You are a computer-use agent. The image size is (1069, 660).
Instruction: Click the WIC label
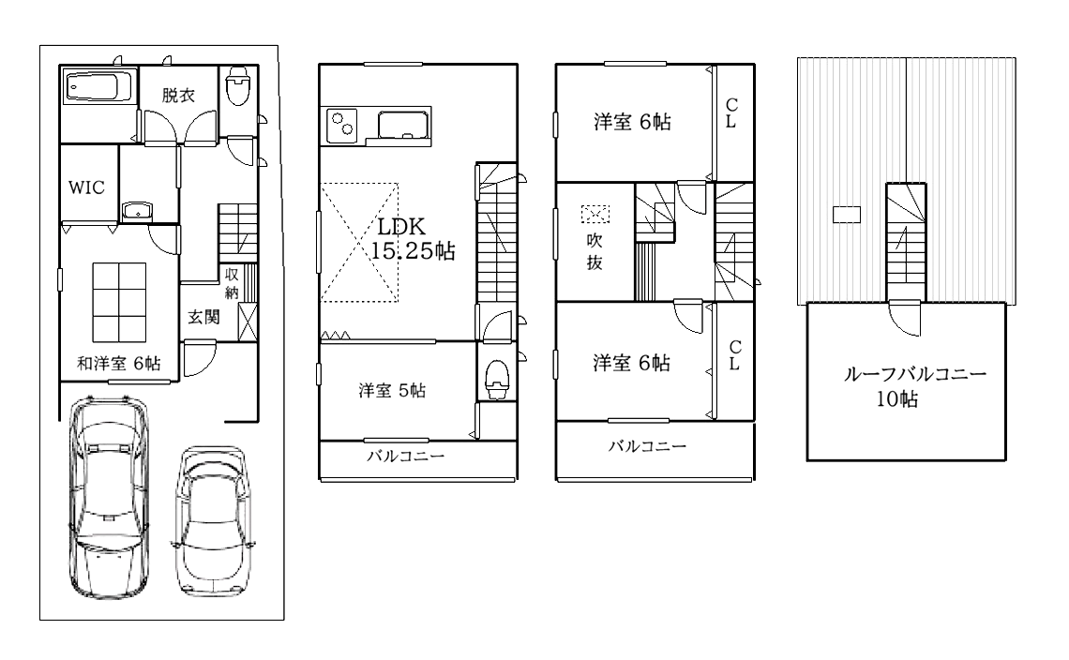click(x=86, y=187)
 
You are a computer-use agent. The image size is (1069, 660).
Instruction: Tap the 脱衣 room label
click(x=178, y=95)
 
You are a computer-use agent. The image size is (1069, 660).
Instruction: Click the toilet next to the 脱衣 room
click(x=238, y=86)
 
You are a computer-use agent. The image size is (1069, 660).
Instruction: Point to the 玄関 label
click(x=203, y=316)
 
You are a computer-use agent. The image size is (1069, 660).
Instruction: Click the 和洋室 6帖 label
click(x=119, y=364)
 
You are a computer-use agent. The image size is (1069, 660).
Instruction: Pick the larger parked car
click(x=109, y=497)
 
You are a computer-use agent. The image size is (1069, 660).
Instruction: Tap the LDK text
click(x=401, y=226)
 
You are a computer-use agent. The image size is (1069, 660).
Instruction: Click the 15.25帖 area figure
click(x=413, y=251)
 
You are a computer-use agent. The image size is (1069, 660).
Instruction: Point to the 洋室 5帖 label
click(x=392, y=391)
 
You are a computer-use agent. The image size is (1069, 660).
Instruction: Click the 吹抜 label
click(x=595, y=251)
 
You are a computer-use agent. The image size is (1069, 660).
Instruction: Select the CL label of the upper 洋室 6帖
click(x=731, y=113)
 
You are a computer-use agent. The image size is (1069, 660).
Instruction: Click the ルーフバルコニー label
click(x=915, y=374)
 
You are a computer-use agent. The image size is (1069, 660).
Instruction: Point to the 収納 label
click(x=232, y=283)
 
